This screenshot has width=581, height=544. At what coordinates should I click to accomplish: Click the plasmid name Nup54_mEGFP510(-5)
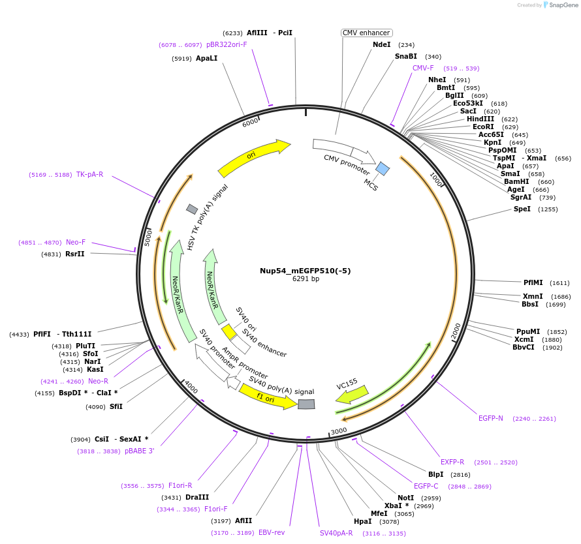(305, 271)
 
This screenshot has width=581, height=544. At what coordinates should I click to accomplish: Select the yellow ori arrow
(253, 158)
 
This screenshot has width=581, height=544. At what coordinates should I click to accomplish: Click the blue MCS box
(383, 169)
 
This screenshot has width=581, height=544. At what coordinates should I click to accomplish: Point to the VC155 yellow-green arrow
(352, 394)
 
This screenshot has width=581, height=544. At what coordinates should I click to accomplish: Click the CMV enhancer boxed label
(366, 33)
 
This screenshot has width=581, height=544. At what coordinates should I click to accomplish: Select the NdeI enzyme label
(381, 44)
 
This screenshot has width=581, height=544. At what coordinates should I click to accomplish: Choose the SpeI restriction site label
(522, 209)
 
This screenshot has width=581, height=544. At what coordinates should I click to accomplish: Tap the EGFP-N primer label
(491, 418)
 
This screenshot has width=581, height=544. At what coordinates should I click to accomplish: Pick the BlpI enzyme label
(435, 474)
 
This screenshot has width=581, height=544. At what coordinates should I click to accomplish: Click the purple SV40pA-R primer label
(336, 533)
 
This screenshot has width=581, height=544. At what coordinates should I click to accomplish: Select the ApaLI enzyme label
(206, 58)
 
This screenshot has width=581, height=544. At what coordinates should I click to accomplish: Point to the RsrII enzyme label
(75, 254)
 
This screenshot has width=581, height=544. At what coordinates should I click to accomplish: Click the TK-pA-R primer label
(89, 174)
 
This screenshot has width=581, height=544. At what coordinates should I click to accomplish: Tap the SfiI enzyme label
(116, 406)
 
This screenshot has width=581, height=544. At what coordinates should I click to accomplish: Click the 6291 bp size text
(305, 279)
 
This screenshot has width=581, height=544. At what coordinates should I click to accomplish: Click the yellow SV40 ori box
(229, 332)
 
